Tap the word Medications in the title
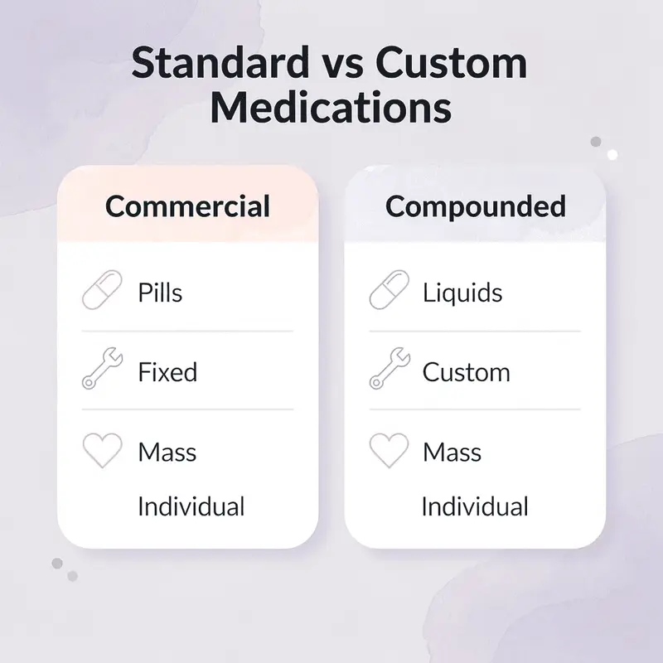[331, 108]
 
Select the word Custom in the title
[457, 65]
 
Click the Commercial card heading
[187, 206]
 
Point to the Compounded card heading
[475, 206]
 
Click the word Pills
[160, 293]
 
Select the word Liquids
[462, 293]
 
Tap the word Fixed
[167, 372]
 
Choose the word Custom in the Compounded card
[466, 372]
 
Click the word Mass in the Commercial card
[167, 452]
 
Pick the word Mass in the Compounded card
[452, 452]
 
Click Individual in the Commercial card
[191, 506]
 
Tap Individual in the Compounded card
[475, 506]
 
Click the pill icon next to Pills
[102, 291]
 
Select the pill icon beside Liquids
[389, 291]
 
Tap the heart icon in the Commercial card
[102, 451]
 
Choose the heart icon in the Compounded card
[389, 451]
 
